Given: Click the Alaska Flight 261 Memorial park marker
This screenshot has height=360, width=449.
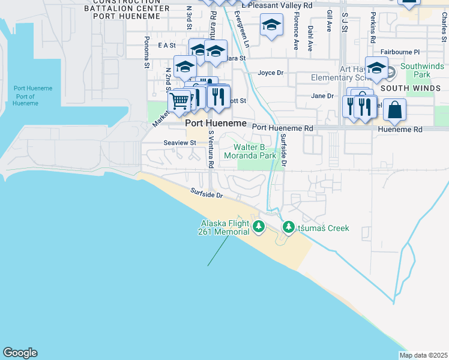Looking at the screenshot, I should (x=259, y=227).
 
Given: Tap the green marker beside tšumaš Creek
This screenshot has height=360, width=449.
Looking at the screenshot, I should (x=288, y=228).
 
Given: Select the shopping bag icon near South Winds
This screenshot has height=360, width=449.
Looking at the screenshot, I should (x=394, y=110).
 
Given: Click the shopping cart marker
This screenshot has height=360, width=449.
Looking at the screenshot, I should (x=179, y=101).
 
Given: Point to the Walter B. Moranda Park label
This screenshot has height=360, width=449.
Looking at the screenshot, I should (x=250, y=151).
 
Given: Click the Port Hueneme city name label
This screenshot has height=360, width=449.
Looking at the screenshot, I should (x=216, y=123).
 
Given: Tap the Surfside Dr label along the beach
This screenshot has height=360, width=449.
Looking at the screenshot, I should (x=207, y=194).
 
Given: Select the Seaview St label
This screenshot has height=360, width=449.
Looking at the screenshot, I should (x=180, y=143).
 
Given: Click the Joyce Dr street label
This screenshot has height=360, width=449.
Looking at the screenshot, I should (x=270, y=73).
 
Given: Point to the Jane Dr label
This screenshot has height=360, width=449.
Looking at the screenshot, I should (x=322, y=96).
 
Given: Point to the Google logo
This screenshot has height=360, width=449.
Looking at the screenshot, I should (x=20, y=353).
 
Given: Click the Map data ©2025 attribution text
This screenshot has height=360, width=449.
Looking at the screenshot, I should (x=423, y=355).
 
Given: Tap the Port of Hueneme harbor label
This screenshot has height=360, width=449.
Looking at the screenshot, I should (x=25, y=96).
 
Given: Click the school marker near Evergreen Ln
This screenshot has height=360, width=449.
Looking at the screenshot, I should (x=271, y=26).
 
